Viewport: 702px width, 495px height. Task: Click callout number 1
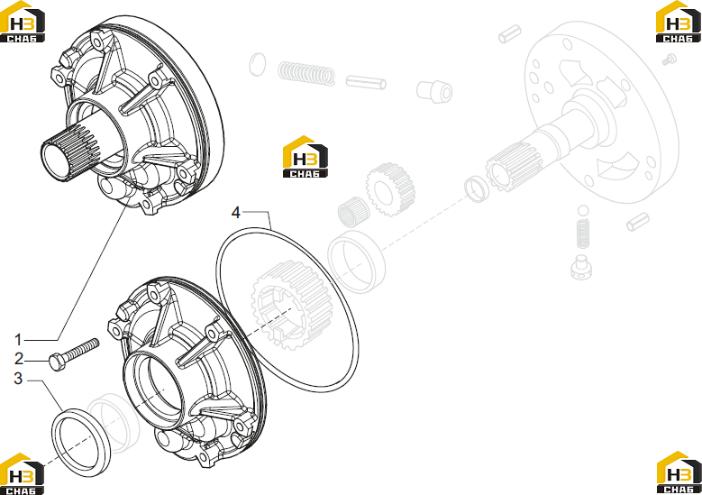pyautogui.click(x=18, y=340)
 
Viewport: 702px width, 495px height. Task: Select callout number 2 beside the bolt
pyautogui.click(x=18, y=359)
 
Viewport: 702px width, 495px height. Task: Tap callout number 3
pyautogui.click(x=18, y=379)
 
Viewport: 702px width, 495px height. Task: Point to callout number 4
pyautogui.click(x=236, y=212)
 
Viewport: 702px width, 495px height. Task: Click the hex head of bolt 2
pyautogui.click(x=57, y=362)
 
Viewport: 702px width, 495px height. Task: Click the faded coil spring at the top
pyautogui.click(x=306, y=73)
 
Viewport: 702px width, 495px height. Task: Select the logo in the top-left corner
pyautogui.click(x=23, y=22)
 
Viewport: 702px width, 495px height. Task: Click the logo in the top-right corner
pyautogui.click(x=679, y=22)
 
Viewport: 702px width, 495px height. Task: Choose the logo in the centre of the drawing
pyautogui.click(x=305, y=157)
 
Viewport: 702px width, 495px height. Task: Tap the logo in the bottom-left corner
pyautogui.click(x=22, y=474)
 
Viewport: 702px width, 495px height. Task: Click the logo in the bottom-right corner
pyautogui.click(x=679, y=473)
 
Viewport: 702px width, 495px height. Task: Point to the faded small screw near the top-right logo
pyautogui.click(x=670, y=60)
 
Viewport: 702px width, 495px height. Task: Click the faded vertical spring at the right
pyautogui.click(x=582, y=234)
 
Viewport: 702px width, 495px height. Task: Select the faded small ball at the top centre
pyautogui.click(x=258, y=65)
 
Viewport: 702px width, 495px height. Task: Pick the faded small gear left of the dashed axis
pyautogui.click(x=390, y=189)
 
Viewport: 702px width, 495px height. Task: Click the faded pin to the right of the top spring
pyautogui.click(x=366, y=82)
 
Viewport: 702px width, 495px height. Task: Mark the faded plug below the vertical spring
pyautogui.click(x=582, y=268)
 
